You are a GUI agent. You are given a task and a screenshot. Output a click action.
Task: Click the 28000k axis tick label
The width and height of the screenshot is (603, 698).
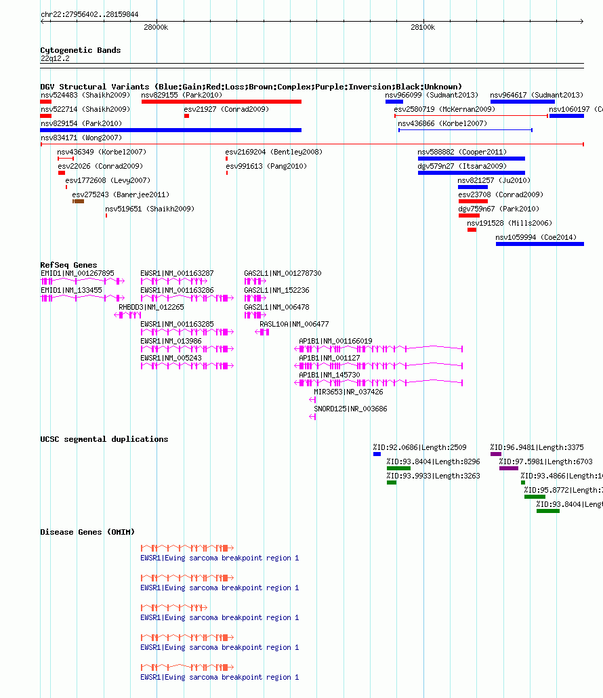click(156, 27)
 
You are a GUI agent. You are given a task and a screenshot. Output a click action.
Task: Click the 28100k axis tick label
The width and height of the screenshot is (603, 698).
click(423, 27)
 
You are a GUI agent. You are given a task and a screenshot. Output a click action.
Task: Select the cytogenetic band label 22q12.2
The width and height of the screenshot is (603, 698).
click(55, 58)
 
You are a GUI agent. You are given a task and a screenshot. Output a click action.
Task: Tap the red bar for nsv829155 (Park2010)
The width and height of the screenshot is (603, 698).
click(221, 102)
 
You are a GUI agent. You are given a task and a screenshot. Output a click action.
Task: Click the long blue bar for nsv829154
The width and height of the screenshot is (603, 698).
click(171, 130)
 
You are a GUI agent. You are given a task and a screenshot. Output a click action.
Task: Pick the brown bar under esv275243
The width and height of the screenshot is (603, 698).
click(79, 201)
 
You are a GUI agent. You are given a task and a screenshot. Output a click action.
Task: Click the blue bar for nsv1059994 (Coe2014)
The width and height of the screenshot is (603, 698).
click(540, 244)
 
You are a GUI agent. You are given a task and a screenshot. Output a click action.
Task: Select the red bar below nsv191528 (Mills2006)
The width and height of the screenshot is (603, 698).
click(472, 230)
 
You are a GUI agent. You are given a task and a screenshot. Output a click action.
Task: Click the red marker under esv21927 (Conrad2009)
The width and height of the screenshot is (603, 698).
click(186, 116)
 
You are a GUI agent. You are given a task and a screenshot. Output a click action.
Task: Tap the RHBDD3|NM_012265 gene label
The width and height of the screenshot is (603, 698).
click(151, 307)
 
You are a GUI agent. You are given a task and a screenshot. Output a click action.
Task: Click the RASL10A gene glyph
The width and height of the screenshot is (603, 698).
click(262, 332)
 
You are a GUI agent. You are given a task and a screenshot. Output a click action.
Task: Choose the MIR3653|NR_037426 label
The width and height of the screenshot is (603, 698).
click(348, 392)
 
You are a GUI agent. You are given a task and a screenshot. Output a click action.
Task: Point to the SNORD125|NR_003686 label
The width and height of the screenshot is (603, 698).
click(351, 409)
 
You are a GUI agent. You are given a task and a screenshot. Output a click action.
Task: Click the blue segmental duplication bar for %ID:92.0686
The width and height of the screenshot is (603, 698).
click(377, 454)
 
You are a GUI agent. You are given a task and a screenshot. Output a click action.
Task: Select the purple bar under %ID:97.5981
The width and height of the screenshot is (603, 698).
click(509, 468)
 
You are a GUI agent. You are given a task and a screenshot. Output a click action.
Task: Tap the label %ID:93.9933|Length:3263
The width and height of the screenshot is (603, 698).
click(434, 476)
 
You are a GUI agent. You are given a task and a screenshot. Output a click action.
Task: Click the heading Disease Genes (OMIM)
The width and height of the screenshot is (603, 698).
click(87, 532)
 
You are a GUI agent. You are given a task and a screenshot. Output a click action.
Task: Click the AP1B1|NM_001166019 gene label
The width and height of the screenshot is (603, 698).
click(335, 341)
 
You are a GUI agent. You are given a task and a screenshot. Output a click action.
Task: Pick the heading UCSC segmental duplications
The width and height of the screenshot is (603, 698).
click(104, 439)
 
